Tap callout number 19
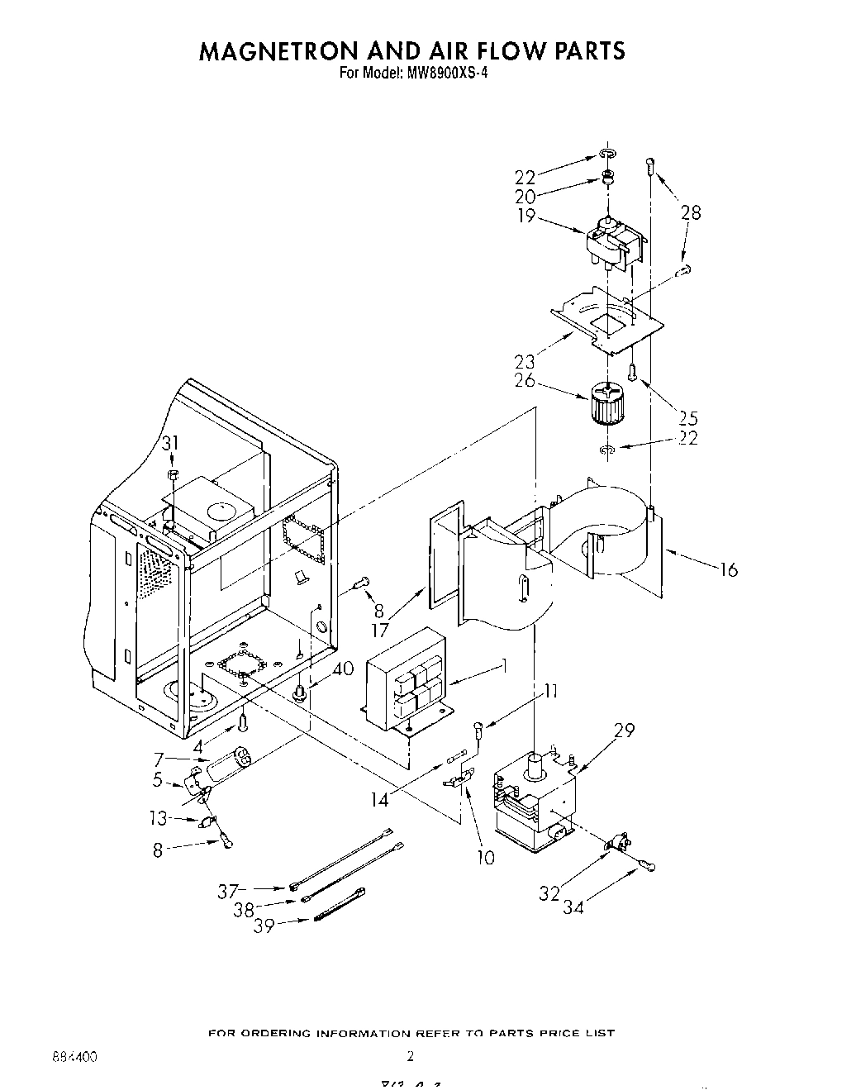pyautogui.click(x=526, y=216)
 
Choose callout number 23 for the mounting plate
pyautogui.click(x=525, y=361)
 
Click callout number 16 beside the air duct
pyautogui.click(x=728, y=569)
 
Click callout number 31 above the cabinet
pyautogui.click(x=170, y=444)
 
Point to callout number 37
pyautogui.click(x=228, y=891)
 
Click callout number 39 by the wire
pyautogui.click(x=264, y=926)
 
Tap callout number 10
pyautogui.click(x=486, y=858)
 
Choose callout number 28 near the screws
pyautogui.click(x=691, y=212)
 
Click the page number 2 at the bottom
pyautogui.click(x=410, y=1056)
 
